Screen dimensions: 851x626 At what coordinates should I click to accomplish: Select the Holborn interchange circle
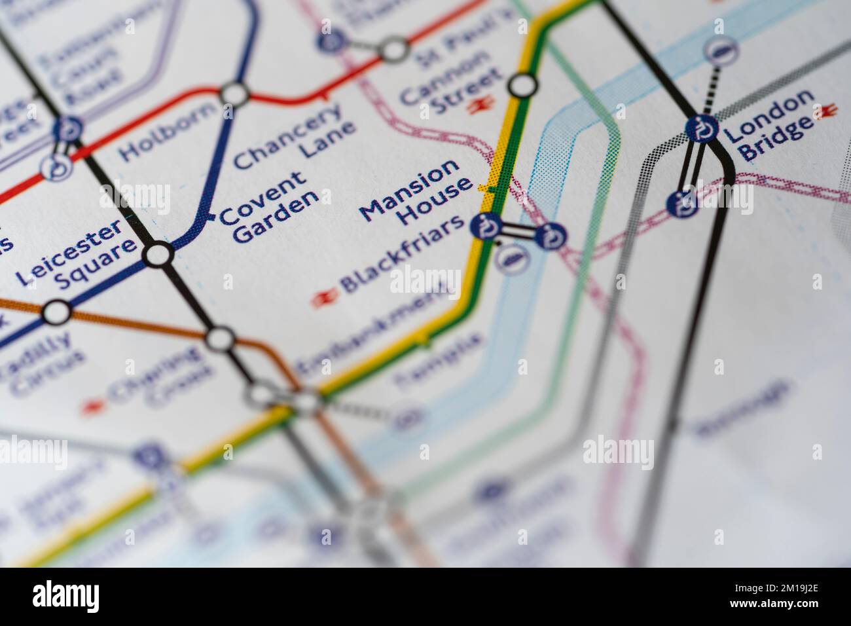click(x=235, y=94)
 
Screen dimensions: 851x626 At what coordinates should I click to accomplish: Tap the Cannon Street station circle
click(x=522, y=85)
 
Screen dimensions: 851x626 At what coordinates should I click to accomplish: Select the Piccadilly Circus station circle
click(x=56, y=312)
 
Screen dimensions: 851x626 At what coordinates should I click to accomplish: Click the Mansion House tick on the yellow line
click(x=485, y=188)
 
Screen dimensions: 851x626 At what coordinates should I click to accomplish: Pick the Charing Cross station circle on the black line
click(x=221, y=339)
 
